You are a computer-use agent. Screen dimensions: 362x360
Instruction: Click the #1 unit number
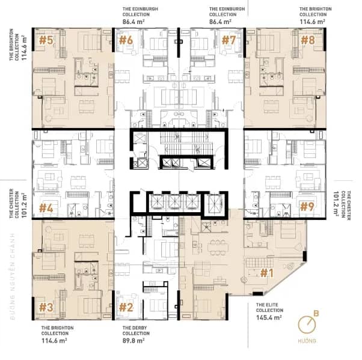point(267,273)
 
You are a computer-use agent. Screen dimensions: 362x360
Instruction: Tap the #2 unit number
point(126,307)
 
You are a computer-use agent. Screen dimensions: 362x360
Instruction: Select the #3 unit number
point(46,307)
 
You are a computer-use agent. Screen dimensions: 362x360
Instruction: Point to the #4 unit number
point(46,208)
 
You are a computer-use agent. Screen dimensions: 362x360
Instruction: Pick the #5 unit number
point(46,40)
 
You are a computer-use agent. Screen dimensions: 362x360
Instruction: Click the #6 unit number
point(126,40)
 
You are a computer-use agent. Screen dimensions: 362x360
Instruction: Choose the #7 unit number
point(229,40)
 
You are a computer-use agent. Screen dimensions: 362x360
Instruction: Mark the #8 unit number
point(308,40)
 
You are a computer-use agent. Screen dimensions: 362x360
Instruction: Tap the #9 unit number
point(307,207)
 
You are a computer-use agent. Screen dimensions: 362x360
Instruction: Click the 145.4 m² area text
point(269,317)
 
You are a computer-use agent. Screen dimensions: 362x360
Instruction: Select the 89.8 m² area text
point(133,341)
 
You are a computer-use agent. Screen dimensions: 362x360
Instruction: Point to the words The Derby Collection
point(136,331)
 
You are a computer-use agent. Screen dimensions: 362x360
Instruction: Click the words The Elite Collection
point(269,307)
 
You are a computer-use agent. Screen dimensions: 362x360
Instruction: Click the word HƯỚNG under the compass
point(307,341)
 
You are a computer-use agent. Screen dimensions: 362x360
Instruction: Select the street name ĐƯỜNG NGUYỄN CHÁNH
point(13,276)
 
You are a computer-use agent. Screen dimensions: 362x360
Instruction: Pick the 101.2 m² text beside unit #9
point(336,203)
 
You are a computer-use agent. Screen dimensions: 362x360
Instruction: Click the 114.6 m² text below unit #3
point(54,341)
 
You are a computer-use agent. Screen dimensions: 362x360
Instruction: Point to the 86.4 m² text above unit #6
point(133,22)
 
